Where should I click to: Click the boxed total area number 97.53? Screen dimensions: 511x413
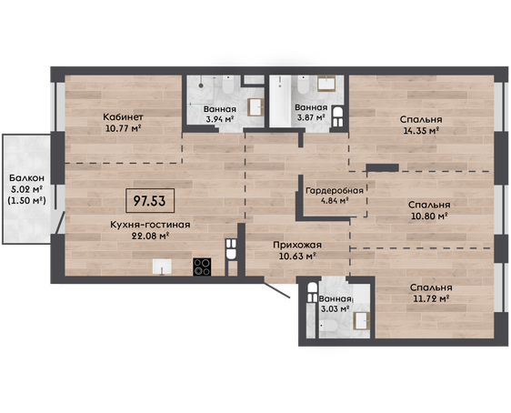pos(150,201)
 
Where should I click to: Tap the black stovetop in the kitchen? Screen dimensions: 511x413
pos(202,267)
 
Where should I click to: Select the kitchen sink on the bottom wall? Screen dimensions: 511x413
pos(162,267)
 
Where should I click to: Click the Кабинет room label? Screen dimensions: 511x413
pos(123,116)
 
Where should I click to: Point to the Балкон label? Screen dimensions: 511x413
pos(26,178)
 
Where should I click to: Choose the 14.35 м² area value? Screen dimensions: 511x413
pos(421,131)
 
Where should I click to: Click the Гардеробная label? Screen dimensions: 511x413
pos(335,190)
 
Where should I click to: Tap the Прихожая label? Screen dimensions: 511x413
pos(297,245)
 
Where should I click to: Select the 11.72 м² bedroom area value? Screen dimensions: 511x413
pos(432,298)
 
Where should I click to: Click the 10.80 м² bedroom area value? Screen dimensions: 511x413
pos(428,216)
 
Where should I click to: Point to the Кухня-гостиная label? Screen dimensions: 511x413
pos(150,225)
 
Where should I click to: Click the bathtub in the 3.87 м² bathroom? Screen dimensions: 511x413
pos(280,101)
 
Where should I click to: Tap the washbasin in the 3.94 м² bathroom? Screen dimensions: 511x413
pos(256,107)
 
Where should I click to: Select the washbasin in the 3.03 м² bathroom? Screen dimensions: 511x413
pos(362,320)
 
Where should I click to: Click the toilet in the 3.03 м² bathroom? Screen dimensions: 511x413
pos(328,326)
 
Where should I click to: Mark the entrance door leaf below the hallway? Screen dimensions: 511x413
pos(276,290)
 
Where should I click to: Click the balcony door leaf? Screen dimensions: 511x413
pos(60,223)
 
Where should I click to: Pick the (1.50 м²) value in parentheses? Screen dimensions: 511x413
pos(26,200)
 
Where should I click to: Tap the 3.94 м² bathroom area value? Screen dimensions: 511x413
pos(220,119)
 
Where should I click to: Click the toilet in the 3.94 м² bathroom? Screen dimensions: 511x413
pos(228,86)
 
